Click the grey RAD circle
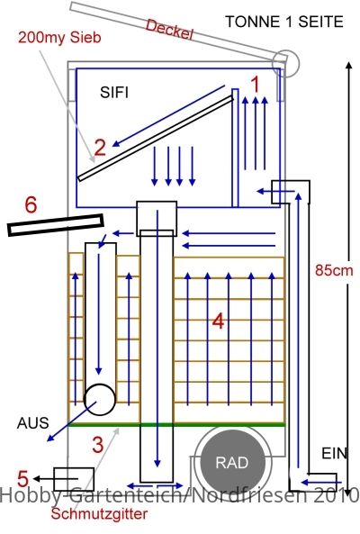(x=232, y=462)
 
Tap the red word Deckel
(x=169, y=30)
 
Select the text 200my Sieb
(x=59, y=37)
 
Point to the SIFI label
(x=114, y=92)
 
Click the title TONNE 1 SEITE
(x=284, y=22)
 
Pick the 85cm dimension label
(x=334, y=270)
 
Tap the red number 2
(x=100, y=148)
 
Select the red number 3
(x=98, y=445)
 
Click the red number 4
(x=219, y=321)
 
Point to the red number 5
(x=22, y=478)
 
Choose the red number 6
(x=31, y=205)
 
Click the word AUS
(x=33, y=423)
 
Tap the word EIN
(x=334, y=454)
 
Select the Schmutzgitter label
(x=99, y=514)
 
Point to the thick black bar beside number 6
(x=56, y=225)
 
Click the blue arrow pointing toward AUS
(x=72, y=421)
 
